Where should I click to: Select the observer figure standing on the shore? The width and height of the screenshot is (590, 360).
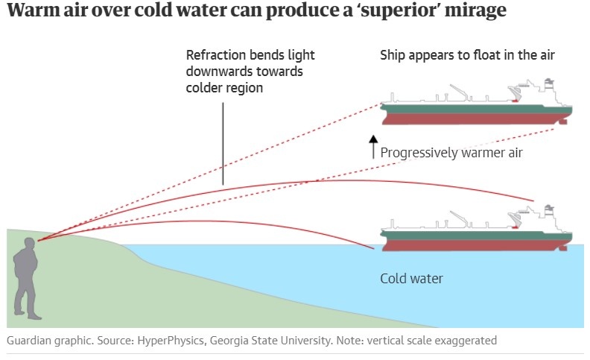click(26, 276)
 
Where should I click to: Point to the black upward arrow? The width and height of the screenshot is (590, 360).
click(373, 148)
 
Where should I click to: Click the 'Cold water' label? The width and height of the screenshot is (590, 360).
click(411, 279)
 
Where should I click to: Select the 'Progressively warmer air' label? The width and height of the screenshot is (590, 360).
click(451, 153)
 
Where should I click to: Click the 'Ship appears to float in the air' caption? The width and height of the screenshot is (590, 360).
click(467, 56)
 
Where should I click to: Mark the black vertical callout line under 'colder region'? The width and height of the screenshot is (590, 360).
click(223, 142)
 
